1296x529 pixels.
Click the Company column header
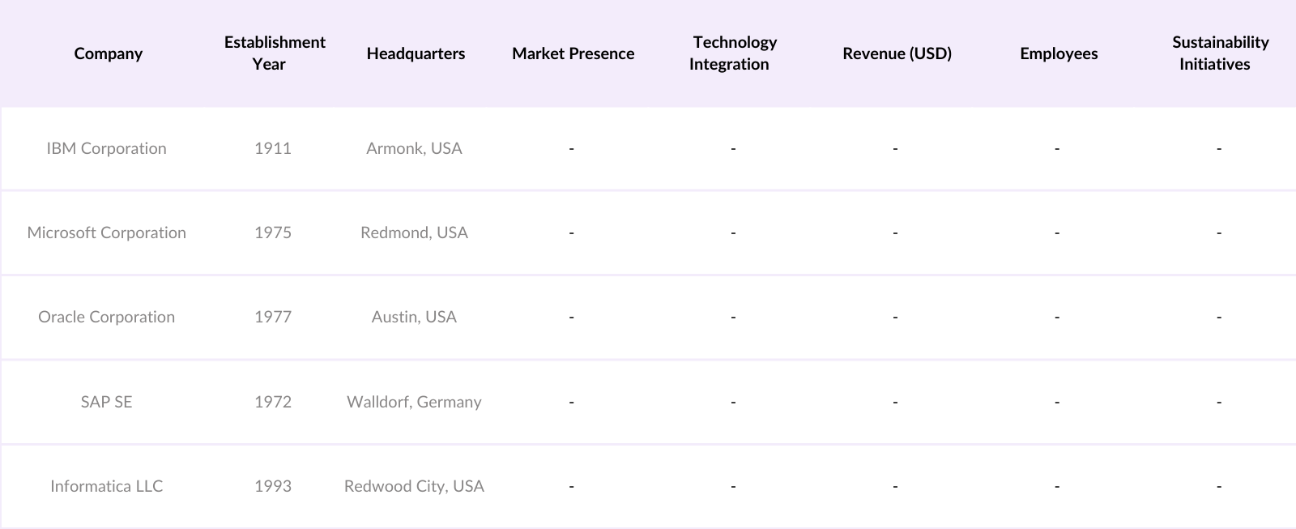[108, 53]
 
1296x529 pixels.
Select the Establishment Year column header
[275, 53]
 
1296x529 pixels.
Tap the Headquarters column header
[416, 53]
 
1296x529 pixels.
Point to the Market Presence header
[573, 53]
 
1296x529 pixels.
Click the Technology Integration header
[734, 53]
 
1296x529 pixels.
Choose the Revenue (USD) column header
[897, 53]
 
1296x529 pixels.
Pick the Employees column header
[1059, 53]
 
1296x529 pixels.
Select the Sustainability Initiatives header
[1220, 53]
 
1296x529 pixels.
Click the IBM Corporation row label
[106, 148]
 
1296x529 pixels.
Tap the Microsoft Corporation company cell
[106, 233]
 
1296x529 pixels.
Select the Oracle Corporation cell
[106, 317]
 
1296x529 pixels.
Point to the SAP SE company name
[106, 402]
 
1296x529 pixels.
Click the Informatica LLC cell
[106, 486]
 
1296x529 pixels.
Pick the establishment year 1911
[273, 148]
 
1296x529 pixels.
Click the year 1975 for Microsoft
[273, 233]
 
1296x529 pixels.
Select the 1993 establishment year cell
[273, 486]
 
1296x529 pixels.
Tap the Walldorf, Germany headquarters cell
[414, 402]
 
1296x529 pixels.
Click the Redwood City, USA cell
[414, 486]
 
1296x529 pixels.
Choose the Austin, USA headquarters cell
[414, 317]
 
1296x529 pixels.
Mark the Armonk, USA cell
[414, 148]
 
